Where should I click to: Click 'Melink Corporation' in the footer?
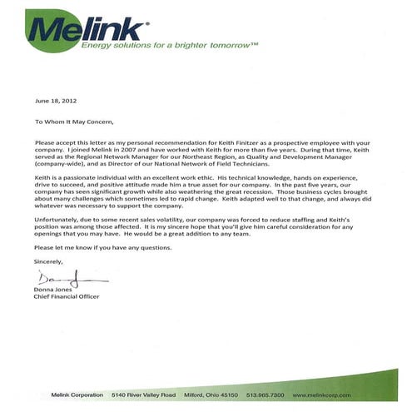[77, 393]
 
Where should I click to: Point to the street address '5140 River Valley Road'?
[144, 393]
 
